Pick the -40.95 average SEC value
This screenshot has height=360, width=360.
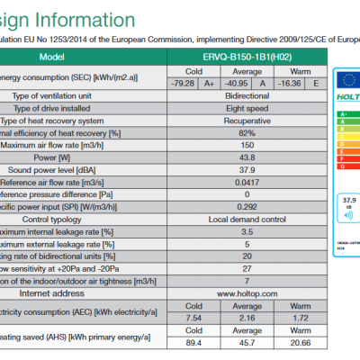(238, 85)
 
